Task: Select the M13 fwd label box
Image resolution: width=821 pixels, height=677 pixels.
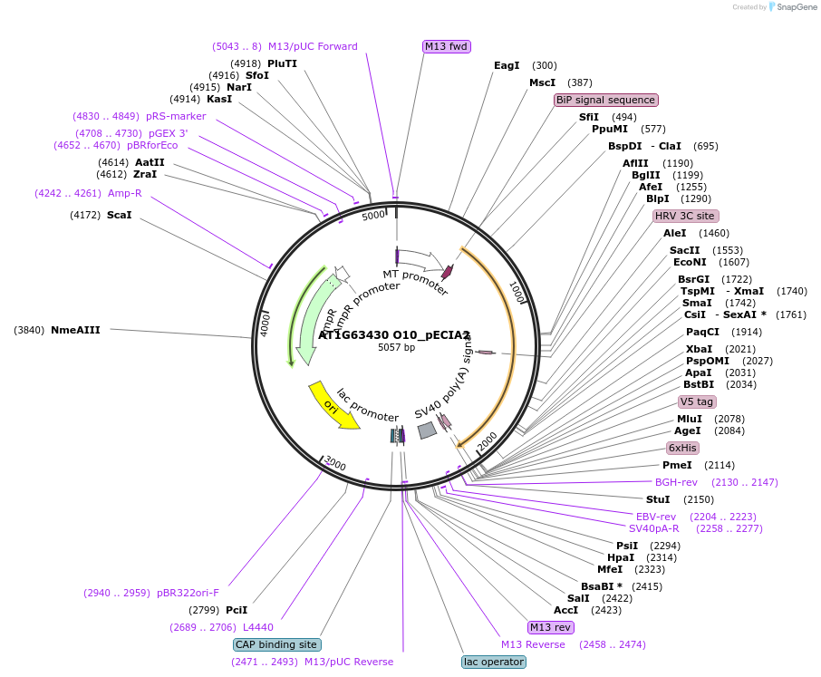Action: [447, 46]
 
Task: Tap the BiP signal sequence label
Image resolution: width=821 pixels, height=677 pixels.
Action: [605, 100]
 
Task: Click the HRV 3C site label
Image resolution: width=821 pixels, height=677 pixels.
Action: [685, 216]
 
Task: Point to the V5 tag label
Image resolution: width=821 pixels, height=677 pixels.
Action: [697, 401]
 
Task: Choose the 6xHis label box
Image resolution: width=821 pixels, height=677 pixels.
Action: [682, 448]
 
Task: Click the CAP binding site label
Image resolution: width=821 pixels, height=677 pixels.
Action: [276, 644]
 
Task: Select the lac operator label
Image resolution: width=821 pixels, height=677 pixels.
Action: [493, 662]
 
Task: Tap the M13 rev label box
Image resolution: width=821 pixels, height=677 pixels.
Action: [550, 627]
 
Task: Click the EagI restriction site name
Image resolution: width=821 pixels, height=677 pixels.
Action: [507, 65]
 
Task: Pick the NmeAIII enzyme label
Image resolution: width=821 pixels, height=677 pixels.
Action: [75, 330]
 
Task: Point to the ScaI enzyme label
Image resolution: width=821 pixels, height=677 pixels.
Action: [119, 215]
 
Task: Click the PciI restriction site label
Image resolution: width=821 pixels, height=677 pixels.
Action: [237, 610]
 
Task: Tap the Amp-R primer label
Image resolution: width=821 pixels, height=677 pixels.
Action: [124, 193]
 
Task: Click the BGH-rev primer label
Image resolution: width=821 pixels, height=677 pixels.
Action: [676, 482]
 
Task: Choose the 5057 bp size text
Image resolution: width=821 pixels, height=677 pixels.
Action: [396, 347]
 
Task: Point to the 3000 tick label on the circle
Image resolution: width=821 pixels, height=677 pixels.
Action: [335, 464]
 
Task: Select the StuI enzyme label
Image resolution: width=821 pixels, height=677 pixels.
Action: [658, 499]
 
